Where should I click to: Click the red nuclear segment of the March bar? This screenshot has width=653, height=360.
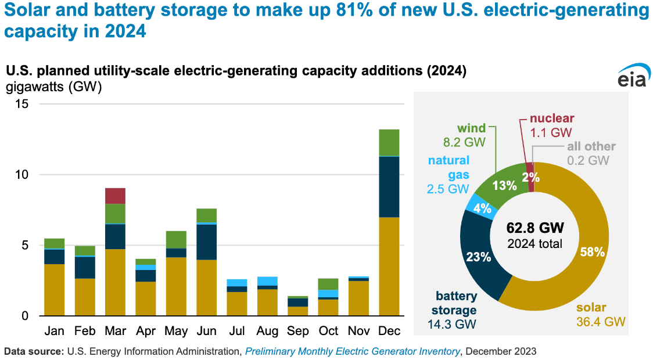pyautogui.click(x=115, y=196)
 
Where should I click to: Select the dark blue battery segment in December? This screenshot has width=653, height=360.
pyautogui.click(x=389, y=187)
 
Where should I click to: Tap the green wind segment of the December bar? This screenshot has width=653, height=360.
pyautogui.click(x=389, y=143)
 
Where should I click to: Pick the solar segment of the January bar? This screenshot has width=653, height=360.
pyautogui.click(x=55, y=290)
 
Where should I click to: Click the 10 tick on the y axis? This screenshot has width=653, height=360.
pyautogui.click(x=23, y=175)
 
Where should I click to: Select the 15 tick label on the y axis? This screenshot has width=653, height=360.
pyautogui.click(x=23, y=104)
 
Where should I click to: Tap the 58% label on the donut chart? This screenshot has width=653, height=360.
pyautogui.click(x=593, y=252)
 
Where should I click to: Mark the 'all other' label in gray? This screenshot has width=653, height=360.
pyautogui.click(x=591, y=147)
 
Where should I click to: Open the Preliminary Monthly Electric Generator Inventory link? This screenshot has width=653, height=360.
pyautogui.click(x=353, y=351)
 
